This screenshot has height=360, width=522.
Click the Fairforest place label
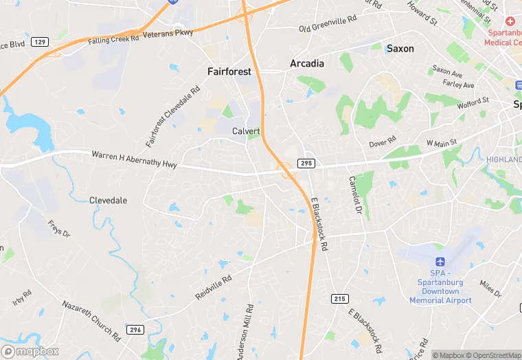[x=229, y=71]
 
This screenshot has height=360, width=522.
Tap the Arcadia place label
[x=307, y=63]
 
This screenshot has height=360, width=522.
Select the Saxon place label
[x=400, y=48]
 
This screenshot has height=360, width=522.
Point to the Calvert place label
[x=246, y=131]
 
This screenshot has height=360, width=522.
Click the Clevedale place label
[x=108, y=201]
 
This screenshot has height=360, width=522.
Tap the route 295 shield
[x=306, y=163]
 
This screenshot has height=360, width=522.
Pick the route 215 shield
[x=339, y=299]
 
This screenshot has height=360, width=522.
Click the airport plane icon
[x=440, y=262]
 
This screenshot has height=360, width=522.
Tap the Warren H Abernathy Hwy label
[x=134, y=159]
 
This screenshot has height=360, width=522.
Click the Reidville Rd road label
[x=214, y=287]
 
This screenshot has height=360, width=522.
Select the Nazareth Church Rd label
[x=91, y=320]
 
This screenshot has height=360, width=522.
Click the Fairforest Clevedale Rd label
[x=173, y=115]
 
